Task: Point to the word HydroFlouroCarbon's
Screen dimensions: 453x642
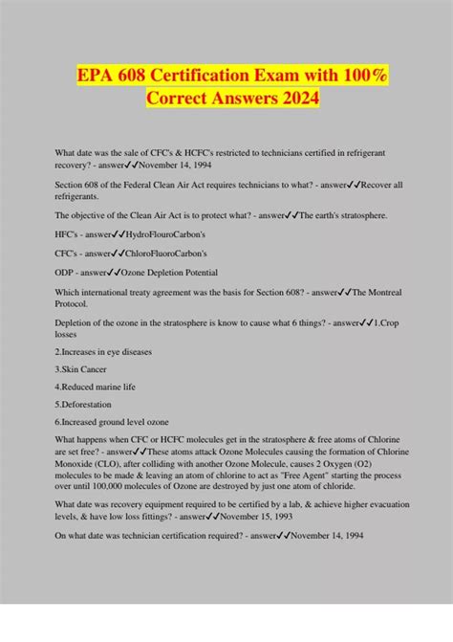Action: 171,232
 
